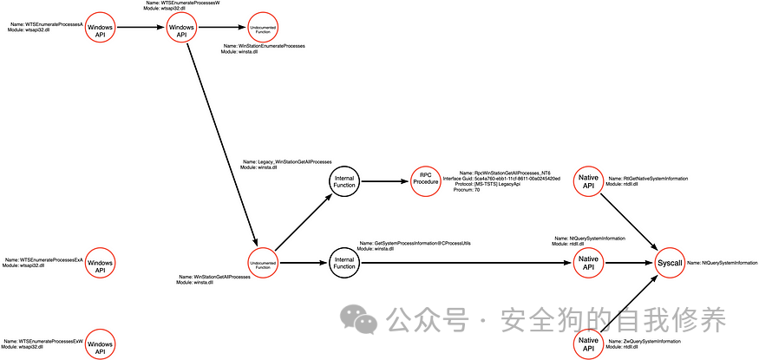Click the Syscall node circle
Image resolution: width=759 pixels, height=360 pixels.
670,262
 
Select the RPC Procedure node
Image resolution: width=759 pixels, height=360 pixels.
426,182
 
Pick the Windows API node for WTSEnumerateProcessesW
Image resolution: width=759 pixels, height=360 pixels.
181,29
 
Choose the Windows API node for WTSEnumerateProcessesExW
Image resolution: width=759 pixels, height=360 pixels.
100,344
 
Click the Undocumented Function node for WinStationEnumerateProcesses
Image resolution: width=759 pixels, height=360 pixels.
263,29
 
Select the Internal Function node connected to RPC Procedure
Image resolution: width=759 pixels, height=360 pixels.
344,182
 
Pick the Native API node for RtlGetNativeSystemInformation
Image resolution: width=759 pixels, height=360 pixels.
588,182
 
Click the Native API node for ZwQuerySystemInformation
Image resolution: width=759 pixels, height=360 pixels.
588,344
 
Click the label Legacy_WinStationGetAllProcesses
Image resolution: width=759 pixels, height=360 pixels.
294,161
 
